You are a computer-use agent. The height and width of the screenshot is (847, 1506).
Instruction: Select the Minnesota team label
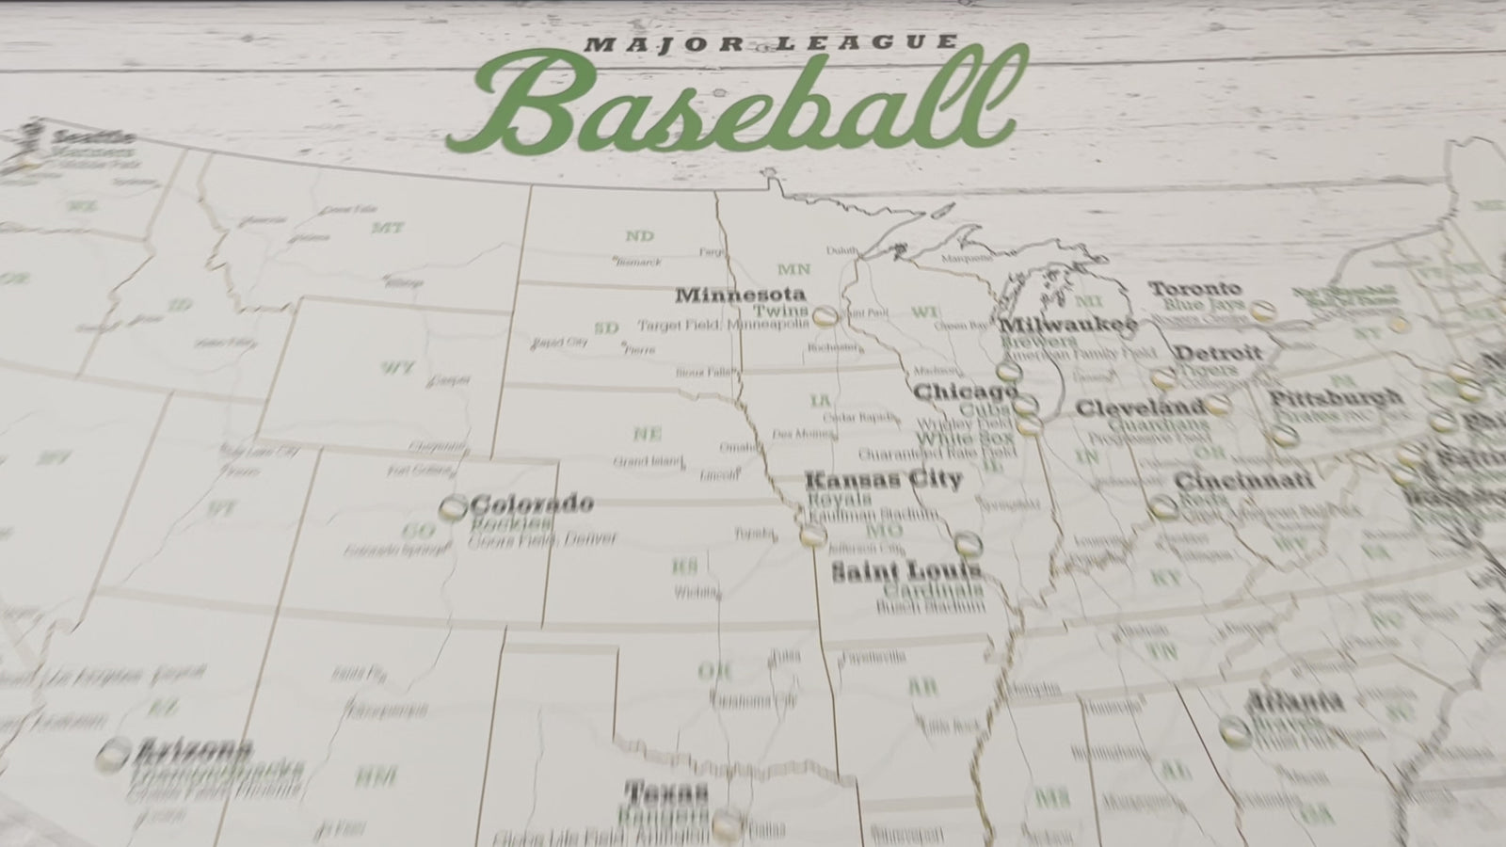coord(741,295)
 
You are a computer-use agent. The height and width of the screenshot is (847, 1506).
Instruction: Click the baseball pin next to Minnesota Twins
coord(825,317)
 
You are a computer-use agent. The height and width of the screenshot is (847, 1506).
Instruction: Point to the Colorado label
coord(532,503)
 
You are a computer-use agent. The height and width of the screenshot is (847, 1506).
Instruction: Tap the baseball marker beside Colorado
coord(453,509)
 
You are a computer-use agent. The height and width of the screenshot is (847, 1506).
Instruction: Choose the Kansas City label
coord(883,480)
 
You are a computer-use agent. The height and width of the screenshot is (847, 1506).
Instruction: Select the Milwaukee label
coord(1067,325)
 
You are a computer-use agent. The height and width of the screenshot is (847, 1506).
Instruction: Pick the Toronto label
coord(1195,288)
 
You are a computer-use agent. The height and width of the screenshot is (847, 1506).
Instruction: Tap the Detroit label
coord(1217,354)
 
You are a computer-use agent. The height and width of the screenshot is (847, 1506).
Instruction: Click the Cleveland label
coord(1140,408)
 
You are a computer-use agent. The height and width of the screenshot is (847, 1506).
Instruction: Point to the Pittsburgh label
coord(1335,398)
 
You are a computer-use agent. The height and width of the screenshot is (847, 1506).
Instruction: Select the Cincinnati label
coord(1243,481)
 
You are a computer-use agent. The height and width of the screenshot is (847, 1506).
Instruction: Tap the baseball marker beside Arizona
coord(115,753)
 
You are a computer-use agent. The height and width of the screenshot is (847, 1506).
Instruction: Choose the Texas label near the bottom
coord(666,790)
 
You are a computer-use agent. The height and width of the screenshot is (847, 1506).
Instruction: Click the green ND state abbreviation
coord(639,235)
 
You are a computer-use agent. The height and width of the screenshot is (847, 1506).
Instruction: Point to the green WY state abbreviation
coord(398,367)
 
